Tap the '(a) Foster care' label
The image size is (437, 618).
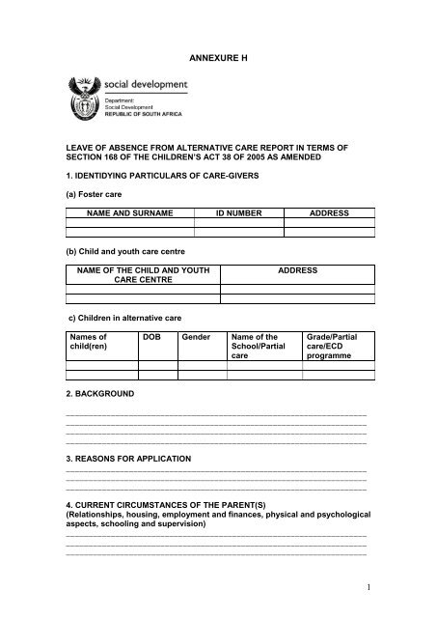97,192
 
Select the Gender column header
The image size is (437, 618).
196,335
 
